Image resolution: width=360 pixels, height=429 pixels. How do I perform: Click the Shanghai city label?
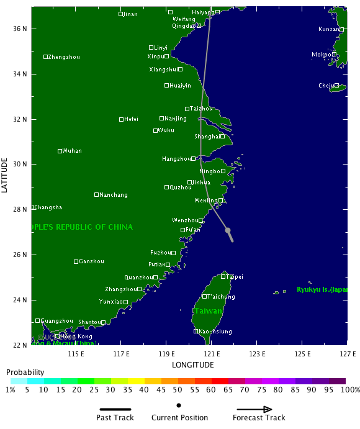click(x=206, y=137)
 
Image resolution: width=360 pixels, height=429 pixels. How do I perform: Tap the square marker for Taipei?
click(x=223, y=276)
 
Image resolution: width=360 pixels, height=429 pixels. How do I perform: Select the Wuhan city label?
click(x=72, y=151)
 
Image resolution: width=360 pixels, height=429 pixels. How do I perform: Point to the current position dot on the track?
click(x=228, y=230)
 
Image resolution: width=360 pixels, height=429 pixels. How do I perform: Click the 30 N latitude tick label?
click(x=20, y=164)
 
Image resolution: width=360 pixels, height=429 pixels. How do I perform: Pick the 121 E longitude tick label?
click(x=212, y=354)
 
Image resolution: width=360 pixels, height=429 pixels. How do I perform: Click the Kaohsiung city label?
click(x=215, y=332)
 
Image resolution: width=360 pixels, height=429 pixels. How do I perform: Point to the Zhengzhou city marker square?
click(x=45, y=56)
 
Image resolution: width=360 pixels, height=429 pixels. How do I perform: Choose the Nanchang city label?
click(x=114, y=195)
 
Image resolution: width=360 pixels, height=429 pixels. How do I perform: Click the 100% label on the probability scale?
click(x=350, y=390)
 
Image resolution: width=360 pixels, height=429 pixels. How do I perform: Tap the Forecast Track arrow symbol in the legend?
click(x=254, y=409)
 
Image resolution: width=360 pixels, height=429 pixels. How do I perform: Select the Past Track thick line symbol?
click(x=115, y=409)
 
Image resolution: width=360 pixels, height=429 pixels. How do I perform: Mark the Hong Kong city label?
click(x=76, y=336)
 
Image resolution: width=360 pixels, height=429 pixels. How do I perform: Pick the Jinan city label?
click(x=130, y=14)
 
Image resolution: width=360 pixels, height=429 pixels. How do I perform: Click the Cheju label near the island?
click(x=326, y=86)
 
